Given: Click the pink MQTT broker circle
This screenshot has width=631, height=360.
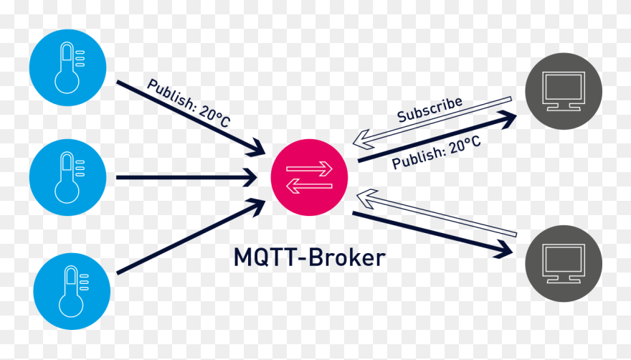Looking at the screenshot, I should pyautogui.click(x=309, y=177).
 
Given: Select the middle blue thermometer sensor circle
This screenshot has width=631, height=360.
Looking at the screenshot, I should pyautogui.click(x=67, y=176).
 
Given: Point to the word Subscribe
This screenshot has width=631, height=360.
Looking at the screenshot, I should pyautogui.click(x=430, y=108).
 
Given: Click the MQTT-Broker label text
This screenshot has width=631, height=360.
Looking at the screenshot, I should pyautogui.click(x=309, y=257).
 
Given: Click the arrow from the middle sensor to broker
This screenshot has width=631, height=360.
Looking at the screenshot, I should pyautogui.click(x=186, y=176).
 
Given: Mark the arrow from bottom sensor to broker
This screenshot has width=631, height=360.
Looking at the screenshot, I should pyautogui.click(x=190, y=237).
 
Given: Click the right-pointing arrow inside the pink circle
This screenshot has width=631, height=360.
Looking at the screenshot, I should pyautogui.click(x=310, y=169).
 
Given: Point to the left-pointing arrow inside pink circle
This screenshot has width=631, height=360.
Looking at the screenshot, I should pyautogui.click(x=309, y=186).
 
